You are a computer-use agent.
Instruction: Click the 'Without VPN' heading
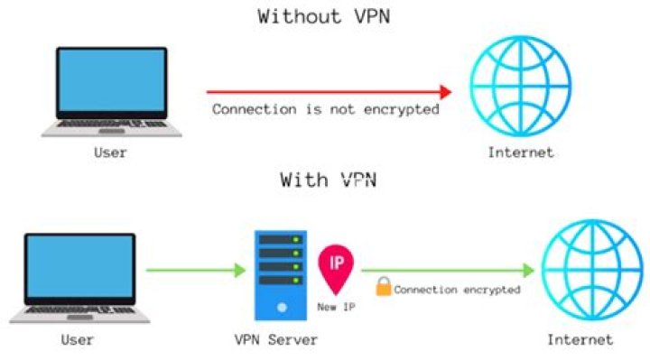click(x=326, y=16)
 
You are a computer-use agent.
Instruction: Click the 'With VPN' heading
click(x=328, y=180)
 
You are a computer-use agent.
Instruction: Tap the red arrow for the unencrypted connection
click(x=329, y=91)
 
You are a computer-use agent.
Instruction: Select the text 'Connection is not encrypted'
click(x=326, y=109)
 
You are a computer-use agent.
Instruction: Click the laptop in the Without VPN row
click(x=111, y=89)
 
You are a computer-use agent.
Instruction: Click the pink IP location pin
click(x=336, y=265)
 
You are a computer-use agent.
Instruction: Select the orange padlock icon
click(x=383, y=288)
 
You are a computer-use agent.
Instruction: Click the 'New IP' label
click(x=336, y=307)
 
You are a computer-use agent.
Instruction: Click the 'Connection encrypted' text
click(x=458, y=290)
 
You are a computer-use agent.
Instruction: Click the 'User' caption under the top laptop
click(x=110, y=152)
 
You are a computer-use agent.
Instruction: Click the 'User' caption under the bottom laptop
click(x=78, y=340)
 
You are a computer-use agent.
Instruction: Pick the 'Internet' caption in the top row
click(x=521, y=152)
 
